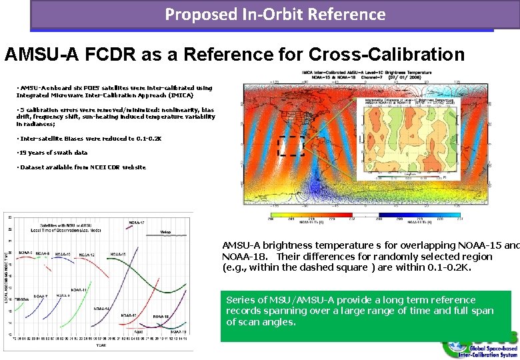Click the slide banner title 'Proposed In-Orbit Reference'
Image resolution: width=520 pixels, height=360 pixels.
[275, 14]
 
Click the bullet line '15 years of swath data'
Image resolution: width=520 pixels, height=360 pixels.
[54, 153]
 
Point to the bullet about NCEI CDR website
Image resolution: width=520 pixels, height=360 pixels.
[73, 167]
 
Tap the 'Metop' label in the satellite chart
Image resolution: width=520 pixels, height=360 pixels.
[167, 233]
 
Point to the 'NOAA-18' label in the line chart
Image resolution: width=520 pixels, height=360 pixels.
[161, 317]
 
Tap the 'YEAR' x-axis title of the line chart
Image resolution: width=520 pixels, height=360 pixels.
[101, 345]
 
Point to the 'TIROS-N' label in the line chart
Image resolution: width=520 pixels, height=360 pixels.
[22, 299]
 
